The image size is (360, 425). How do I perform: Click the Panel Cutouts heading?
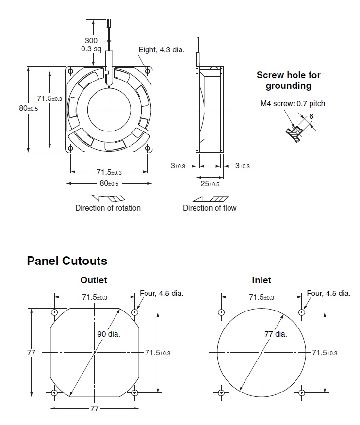tap(67, 261)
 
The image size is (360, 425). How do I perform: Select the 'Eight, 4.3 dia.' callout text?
tap(161, 50)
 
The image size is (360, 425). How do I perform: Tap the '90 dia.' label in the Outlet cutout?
tap(109, 334)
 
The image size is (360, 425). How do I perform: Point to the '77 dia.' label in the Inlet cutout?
tap(276, 334)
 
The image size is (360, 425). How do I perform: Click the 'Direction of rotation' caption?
tap(108, 208)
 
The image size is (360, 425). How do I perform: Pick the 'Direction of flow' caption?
tap(210, 208)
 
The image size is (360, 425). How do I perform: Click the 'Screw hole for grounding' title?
tap(289, 81)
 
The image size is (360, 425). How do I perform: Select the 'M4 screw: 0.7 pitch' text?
tap(293, 103)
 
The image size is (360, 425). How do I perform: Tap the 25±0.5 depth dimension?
tap(210, 184)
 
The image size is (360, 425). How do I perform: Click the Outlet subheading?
tap(94, 280)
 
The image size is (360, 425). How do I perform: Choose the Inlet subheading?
tap(262, 280)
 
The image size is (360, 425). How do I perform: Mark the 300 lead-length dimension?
tap(91, 41)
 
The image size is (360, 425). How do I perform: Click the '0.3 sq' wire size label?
tap(91, 49)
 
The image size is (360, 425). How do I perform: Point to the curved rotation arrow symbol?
tap(108, 198)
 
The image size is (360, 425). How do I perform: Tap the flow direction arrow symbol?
tap(210, 198)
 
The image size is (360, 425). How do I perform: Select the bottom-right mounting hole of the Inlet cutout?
tap(302, 392)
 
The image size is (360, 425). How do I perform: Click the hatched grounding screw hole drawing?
tap(295, 135)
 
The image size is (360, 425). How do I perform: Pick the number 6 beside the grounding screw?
tap(311, 116)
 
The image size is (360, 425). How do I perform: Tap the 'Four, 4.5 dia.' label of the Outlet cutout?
tap(162, 293)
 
